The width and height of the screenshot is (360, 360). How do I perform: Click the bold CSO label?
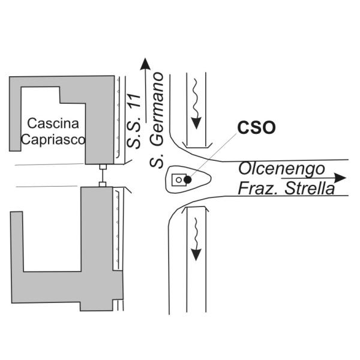256,127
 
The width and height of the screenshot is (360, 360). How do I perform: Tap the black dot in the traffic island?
188,180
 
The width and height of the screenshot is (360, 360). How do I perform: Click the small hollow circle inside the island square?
179,180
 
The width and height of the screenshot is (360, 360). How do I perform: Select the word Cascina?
53,123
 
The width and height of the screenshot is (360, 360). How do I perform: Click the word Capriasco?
53,139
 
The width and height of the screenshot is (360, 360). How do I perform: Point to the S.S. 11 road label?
134,121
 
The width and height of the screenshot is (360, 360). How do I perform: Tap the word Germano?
157,109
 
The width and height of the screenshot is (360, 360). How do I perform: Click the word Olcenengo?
282,169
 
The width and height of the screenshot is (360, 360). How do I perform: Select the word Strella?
310,189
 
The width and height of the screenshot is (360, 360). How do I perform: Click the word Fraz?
260,189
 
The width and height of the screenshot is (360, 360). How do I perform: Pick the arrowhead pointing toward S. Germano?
145,64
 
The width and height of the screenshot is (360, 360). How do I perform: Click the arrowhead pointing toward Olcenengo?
340,178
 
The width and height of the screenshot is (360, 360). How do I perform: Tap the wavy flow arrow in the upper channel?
196,104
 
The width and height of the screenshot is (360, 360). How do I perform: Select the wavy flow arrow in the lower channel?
196,239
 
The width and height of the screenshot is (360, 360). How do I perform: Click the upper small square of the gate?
103,167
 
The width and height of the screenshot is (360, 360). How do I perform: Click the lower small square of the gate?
103,184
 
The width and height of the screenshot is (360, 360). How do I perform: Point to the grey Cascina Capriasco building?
100,119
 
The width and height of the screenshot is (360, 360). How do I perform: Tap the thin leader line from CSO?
213,155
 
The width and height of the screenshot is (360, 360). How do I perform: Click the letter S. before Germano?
157,160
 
